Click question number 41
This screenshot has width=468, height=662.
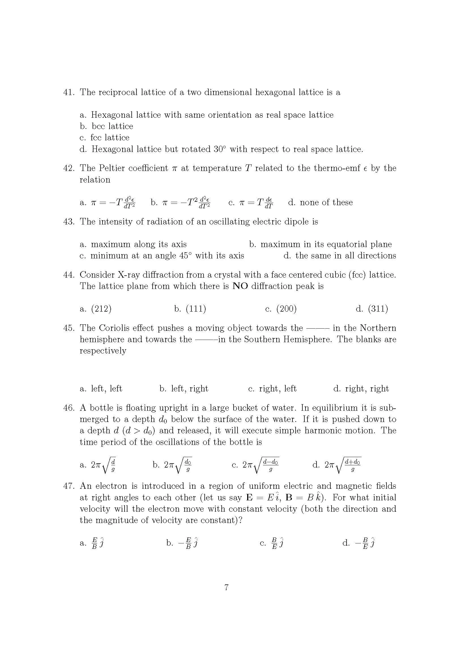coord(69,93)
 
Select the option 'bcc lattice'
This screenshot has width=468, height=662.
coord(112,126)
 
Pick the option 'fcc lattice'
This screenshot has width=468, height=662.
coord(110,138)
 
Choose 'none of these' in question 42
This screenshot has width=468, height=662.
coord(326,202)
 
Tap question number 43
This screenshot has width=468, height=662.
coord(69,222)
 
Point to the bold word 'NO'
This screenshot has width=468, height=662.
coord(240,286)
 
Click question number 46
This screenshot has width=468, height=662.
coord(69,408)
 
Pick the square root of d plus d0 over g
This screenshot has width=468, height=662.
coord(347,465)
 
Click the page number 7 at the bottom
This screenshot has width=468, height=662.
coord(226,587)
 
